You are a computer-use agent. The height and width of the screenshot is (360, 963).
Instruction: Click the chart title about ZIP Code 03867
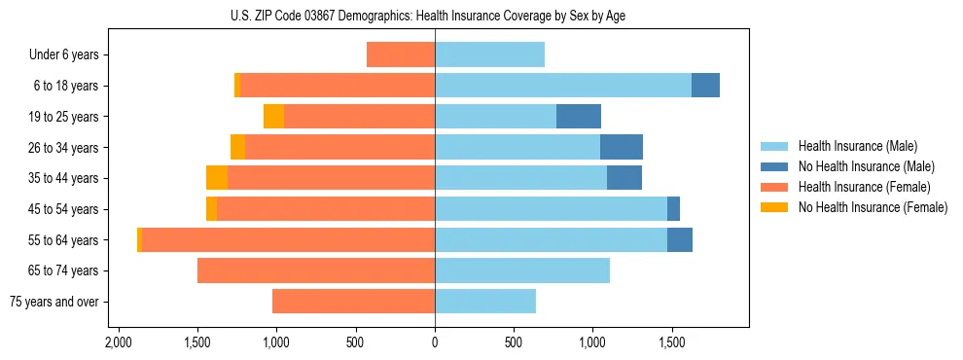tap(435, 16)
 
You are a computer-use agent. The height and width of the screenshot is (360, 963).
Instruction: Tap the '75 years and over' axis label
tap(54, 302)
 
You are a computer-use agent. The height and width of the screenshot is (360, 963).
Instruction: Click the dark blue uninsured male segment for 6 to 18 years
tap(705, 86)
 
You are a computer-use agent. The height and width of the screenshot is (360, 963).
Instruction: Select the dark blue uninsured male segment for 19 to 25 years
tap(579, 117)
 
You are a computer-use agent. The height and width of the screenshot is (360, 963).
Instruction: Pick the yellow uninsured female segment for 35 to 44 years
tap(217, 178)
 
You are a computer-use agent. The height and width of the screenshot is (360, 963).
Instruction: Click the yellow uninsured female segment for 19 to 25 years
tap(273, 117)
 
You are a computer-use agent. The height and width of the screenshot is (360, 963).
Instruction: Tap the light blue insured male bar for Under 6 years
tap(489, 54)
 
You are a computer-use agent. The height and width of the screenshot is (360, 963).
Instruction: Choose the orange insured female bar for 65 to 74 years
tap(316, 270)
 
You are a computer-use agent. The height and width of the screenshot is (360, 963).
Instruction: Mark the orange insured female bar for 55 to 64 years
tap(288, 239)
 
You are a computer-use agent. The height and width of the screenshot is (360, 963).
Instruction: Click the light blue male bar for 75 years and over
tap(485, 302)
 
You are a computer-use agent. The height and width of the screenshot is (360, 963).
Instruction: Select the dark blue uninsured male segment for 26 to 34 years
tap(622, 147)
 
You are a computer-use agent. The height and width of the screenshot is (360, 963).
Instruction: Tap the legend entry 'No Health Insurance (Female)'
tap(872, 207)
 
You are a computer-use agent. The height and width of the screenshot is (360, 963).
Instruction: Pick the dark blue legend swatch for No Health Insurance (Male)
tap(774, 166)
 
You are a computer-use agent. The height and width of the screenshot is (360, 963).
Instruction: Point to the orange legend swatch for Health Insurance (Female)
tap(774, 187)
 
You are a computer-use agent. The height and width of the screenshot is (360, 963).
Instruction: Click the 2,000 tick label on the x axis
tap(118, 343)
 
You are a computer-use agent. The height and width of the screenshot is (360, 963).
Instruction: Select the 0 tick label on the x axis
tap(435, 343)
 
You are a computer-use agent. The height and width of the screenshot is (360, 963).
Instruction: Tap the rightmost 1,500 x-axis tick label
tap(672, 343)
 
